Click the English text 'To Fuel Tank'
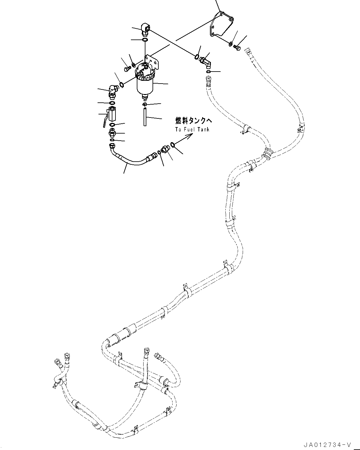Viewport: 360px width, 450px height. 192,129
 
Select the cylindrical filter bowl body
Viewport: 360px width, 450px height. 145,85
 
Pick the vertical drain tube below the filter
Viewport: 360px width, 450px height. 144,117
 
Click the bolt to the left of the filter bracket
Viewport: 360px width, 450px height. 126,69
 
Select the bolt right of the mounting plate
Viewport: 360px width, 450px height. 237,48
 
